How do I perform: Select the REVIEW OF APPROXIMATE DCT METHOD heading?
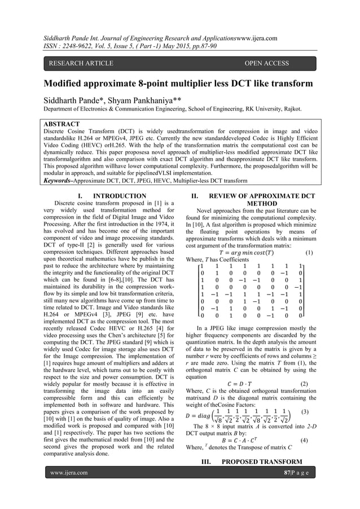pos(260,200)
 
